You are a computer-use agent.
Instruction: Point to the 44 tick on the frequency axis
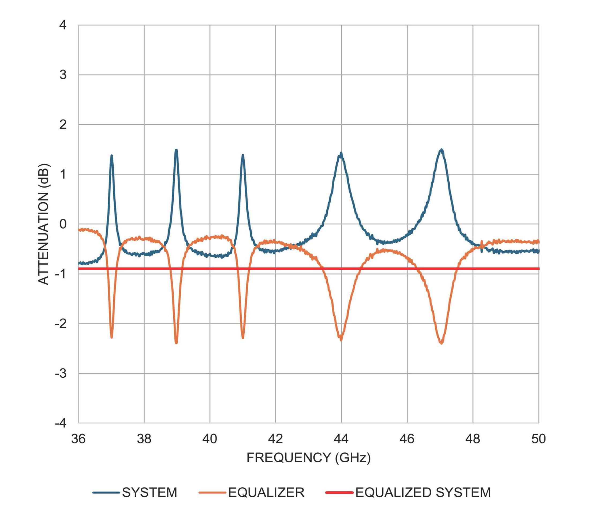click(341, 439)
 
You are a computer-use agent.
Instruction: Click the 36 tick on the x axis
click(78, 439)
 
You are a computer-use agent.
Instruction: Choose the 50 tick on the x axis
click(538, 439)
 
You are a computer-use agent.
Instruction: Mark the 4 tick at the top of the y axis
click(63, 25)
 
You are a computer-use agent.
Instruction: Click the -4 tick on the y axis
click(61, 423)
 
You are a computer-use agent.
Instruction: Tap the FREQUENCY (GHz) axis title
click(308, 458)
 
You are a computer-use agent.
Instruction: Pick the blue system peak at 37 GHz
click(111, 156)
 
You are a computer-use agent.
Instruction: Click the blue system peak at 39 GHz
click(176, 150)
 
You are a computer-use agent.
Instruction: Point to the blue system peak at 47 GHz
click(441, 150)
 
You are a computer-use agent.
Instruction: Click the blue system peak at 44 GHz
click(341, 153)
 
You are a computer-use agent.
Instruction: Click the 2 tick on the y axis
click(63, 125)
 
